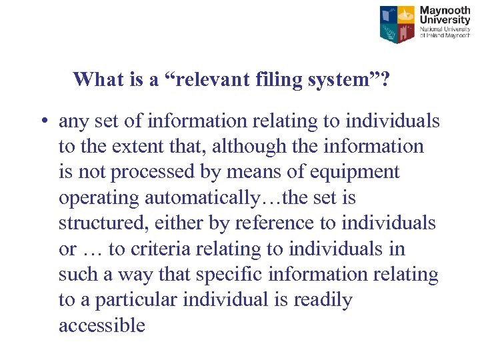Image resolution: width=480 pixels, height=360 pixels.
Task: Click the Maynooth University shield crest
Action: click(397, 24)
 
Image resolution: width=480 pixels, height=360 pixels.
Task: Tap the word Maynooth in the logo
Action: click(445, 11)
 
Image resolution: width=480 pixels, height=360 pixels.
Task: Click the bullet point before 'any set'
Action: click(42, 122)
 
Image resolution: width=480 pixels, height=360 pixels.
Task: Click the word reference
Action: click(280, 223)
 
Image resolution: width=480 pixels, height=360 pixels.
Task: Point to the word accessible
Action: click(101, 325)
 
